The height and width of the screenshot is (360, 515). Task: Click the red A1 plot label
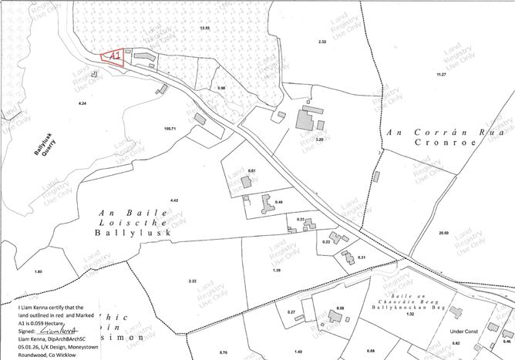click(x=113, y=57)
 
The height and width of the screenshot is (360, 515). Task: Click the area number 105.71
click(x=170, y=129)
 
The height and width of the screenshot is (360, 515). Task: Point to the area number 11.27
click(x=441, y=73)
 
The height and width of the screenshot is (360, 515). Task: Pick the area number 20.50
click(x=443, y=232)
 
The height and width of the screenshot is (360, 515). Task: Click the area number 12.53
click(x=204, y=28)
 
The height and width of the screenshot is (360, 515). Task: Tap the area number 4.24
click(x=82, y=103)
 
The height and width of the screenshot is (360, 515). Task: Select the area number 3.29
click(x=319, y=140)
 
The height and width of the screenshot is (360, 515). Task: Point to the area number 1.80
click(x=39, y=272)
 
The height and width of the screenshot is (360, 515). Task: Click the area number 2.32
click(x=322, y=41)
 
